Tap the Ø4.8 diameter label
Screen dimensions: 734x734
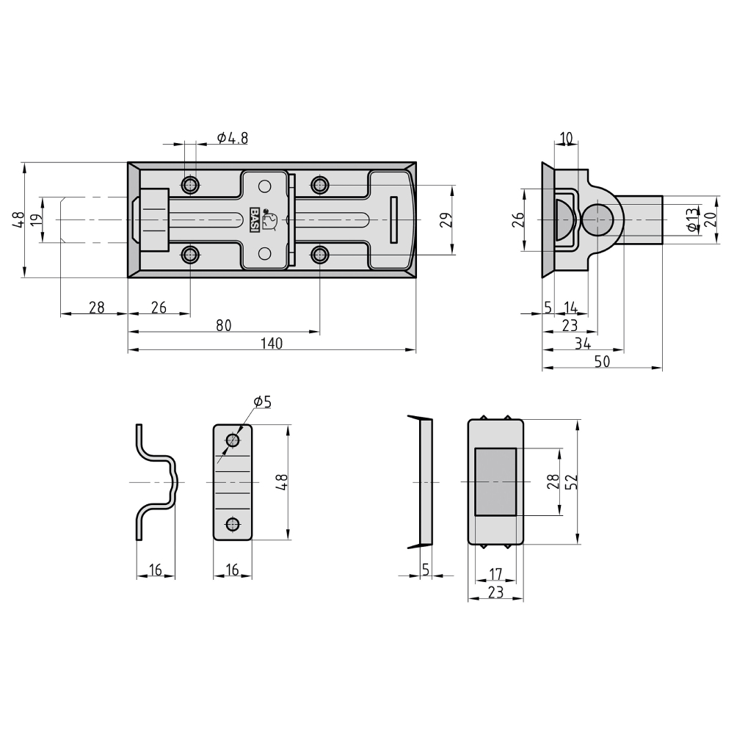click(x=232, y=138)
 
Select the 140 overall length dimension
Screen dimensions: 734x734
click(x=272, y=343)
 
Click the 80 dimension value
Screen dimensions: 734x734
click(x=224, y=325)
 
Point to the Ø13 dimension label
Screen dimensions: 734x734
click(x=691, y=219)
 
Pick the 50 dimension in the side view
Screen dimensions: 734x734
click(x=602, y=361)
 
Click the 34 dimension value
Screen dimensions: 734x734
click(x=583, y=344)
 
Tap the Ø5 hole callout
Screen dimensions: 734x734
click(x=263, y=401)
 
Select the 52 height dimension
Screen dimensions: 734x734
click(x=572, y=482)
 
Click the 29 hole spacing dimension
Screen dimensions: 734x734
click(x=446, y=219)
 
